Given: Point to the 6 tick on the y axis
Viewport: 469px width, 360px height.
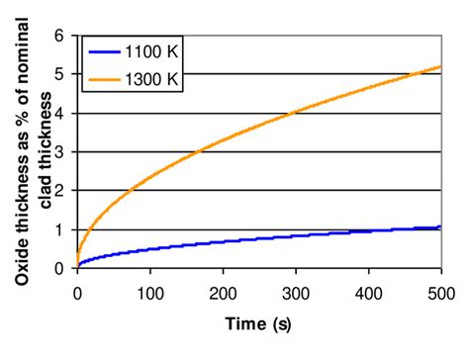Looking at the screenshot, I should (61, 36).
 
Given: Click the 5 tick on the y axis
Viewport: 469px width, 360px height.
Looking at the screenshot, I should (61, 74).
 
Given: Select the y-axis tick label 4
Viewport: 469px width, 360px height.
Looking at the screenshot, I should (61, 113).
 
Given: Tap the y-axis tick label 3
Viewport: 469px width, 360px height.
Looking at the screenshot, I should (61, 151).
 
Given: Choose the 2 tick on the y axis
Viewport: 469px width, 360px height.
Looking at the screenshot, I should (61, 190).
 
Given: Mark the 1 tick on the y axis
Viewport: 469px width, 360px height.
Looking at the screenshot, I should (61, 228).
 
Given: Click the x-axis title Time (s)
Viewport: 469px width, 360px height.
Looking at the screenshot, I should (258, 322).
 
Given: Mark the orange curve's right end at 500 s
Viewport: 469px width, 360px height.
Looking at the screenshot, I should (440, 67).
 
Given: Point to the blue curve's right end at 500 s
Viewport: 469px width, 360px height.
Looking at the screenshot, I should (440, 226).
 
